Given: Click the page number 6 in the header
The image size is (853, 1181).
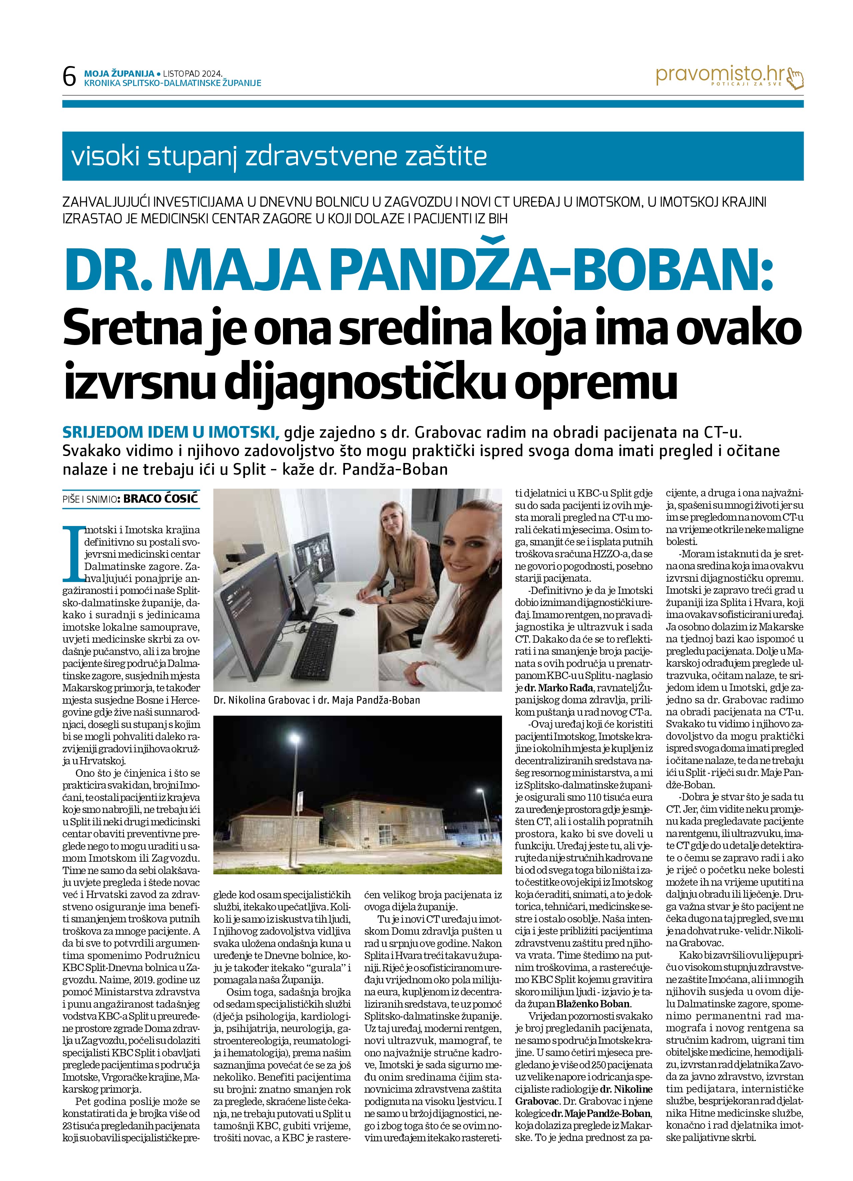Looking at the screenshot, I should click(x=69, y=77).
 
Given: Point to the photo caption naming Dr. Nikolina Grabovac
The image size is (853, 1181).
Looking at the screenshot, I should click(x=316, y=700).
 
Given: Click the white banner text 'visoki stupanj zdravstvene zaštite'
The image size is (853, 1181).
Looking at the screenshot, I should click(x=279, y=156).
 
